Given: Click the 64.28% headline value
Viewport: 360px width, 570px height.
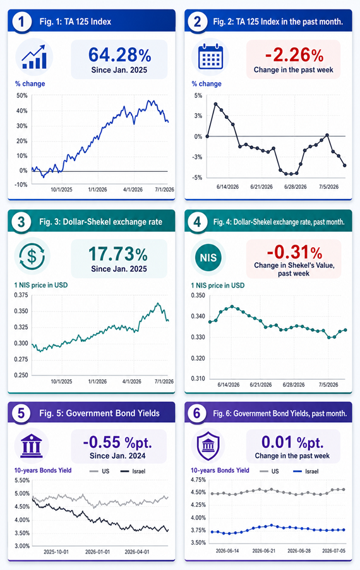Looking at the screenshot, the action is (x=119, y=55).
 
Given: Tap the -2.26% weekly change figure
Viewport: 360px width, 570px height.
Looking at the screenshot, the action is (x=294, y=55).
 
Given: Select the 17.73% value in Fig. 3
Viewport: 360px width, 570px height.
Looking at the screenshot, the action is (x=118, y=254).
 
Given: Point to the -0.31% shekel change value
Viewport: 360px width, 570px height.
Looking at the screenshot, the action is (x=294, y=252).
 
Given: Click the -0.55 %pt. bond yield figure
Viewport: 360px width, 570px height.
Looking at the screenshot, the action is (x=117, y=442).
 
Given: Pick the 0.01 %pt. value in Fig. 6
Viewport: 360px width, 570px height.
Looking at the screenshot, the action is (x=292, y=442).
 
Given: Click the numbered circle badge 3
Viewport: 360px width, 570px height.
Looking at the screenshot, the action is (x=21, y=221).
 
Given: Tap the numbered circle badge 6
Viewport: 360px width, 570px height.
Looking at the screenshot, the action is (x=197, y=413).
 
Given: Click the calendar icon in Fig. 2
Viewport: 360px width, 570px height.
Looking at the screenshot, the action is (x=210, y=57).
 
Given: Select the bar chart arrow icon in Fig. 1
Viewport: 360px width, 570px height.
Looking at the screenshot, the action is (x=34, y=57).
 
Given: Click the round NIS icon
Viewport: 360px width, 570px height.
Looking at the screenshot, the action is (x=208, y=257).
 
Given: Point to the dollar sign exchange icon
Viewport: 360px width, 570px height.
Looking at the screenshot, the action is (x=32, y=257).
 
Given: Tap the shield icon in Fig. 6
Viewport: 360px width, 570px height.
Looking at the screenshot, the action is (x=208, y=446).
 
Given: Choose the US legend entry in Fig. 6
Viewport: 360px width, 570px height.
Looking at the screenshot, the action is (x=270, y=471).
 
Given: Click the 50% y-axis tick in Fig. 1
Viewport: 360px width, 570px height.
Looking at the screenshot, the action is (x=22, y=95).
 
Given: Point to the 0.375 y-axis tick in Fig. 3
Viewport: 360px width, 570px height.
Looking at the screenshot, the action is (x=21, y=295).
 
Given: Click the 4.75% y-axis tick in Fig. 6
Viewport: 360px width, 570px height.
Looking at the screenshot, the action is (x=198, y=480).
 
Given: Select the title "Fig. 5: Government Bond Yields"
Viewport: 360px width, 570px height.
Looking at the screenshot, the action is (x=100, y=413).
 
